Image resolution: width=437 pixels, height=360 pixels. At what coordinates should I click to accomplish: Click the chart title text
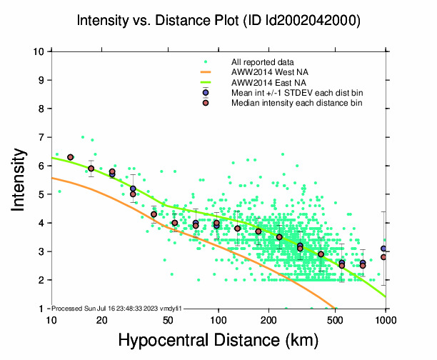(218, 21)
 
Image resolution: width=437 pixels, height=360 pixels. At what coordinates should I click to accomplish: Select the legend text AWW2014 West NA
(266, 73)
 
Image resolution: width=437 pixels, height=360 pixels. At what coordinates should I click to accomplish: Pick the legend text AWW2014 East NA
(266, 83)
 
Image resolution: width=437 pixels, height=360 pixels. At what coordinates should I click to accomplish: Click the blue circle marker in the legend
(206, 93)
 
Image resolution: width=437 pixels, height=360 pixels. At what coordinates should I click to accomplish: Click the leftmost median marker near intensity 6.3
(71, 157)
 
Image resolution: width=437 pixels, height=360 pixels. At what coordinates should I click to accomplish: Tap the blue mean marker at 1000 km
(384, 249)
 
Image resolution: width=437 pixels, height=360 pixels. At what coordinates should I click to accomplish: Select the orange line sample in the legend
(206, 73)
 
